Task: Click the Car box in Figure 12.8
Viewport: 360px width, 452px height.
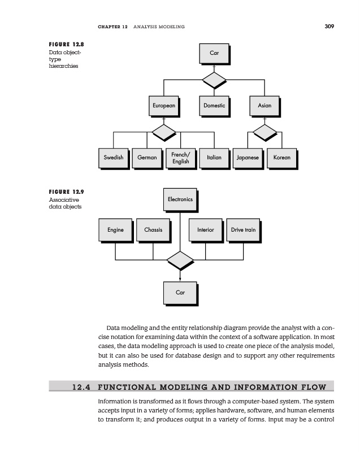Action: click(x=214, y=53)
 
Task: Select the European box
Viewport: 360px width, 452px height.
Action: click(x=163, y=106)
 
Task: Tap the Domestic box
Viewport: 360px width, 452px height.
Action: click(x=214, y=106)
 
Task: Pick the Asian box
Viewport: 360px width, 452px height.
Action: click(x=264, y=106)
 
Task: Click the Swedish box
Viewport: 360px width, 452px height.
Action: click(x=114, y=158)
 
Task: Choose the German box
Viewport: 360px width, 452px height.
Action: click(x=147, y=158)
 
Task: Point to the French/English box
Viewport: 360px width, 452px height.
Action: click(x=181, y=158)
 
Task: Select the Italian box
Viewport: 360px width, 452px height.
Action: click(x=214, y=158)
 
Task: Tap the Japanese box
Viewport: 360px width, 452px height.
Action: click(x=248, y=158)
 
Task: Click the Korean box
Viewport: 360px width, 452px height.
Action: click(x=281, y=158)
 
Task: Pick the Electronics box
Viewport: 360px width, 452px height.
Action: click(x=180, y=199)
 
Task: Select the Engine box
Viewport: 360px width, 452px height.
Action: click(x=115, y=230)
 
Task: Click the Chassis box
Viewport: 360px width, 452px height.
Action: click(x=153, y=230)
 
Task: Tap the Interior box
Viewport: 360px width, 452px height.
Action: click(x=206, y=230)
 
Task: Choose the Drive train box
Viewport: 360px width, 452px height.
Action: click(x=244, y=230)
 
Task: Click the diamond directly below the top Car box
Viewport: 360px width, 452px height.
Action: click(x=214, y=80)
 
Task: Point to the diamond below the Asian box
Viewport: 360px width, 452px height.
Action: click(x=264, y=132)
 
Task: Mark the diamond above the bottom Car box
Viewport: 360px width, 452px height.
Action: click(x=180, y=260)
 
